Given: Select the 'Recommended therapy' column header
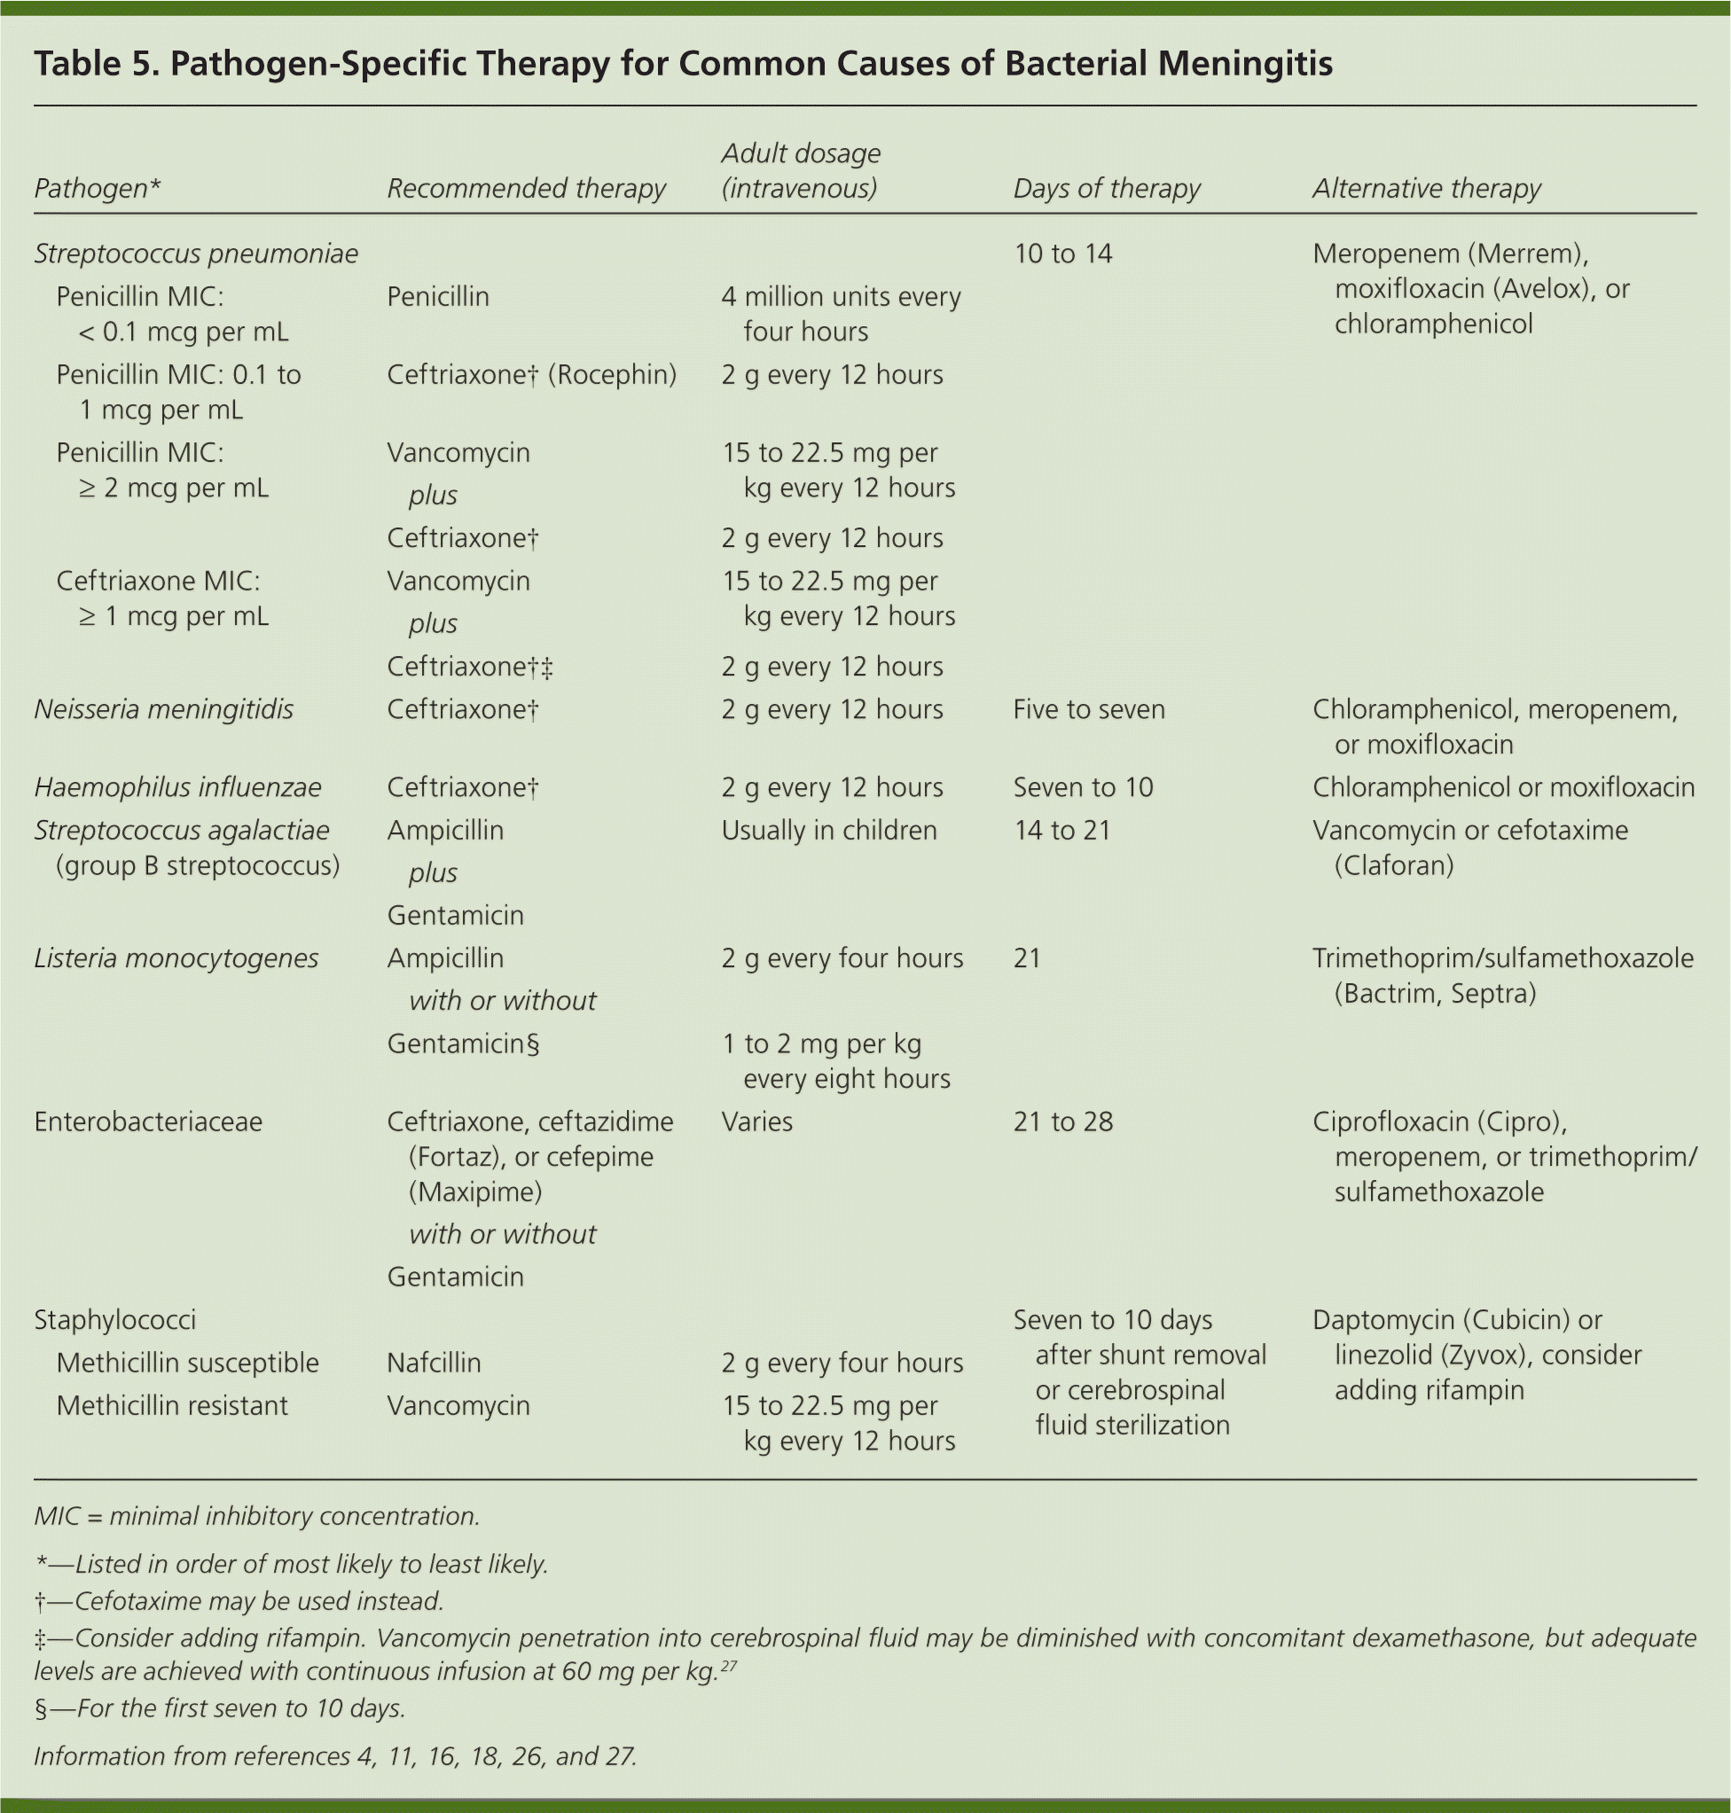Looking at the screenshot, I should [525, 188].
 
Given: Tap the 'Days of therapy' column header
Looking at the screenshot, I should [1107, 188].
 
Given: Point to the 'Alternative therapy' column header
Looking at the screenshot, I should [1426, 188].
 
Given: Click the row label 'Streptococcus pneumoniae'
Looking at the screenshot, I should [196, 254].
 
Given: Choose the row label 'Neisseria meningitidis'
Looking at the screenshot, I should [163, 709].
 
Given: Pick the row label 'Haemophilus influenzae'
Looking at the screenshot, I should [177, 788].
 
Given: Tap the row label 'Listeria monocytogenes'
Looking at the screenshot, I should [176, 958].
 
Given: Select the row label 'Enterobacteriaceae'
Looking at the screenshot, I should [147, 1122].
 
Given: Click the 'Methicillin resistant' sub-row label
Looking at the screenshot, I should [172, 1405].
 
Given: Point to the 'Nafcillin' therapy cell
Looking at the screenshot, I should [434, 1363].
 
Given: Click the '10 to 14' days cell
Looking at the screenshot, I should [1062, 254].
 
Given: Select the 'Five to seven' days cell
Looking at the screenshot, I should [1089, 709].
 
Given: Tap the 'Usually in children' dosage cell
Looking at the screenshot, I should [828, 831].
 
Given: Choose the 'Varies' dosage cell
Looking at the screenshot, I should [756, 1122].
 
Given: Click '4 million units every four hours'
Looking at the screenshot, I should [840, 314].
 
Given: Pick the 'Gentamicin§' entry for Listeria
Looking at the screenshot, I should [462, 1043].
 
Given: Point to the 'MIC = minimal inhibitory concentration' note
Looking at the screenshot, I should [256, 1516].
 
